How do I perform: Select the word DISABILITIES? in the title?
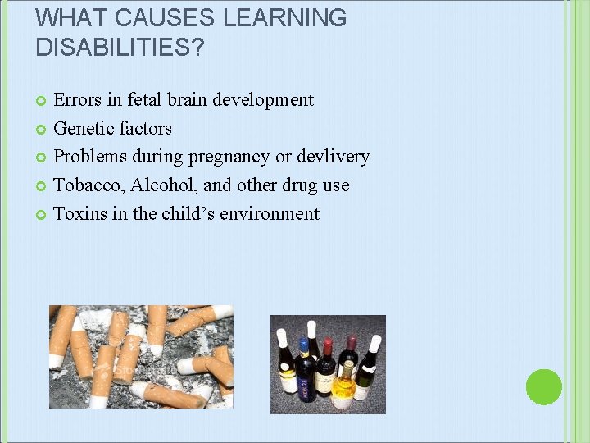(x=120, y=48)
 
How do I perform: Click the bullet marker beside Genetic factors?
(x=42, y=129)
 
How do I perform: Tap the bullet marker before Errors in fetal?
(x=42, y=101)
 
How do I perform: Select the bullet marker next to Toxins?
(x=42, y=215)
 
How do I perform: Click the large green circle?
(x=543, y=386)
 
